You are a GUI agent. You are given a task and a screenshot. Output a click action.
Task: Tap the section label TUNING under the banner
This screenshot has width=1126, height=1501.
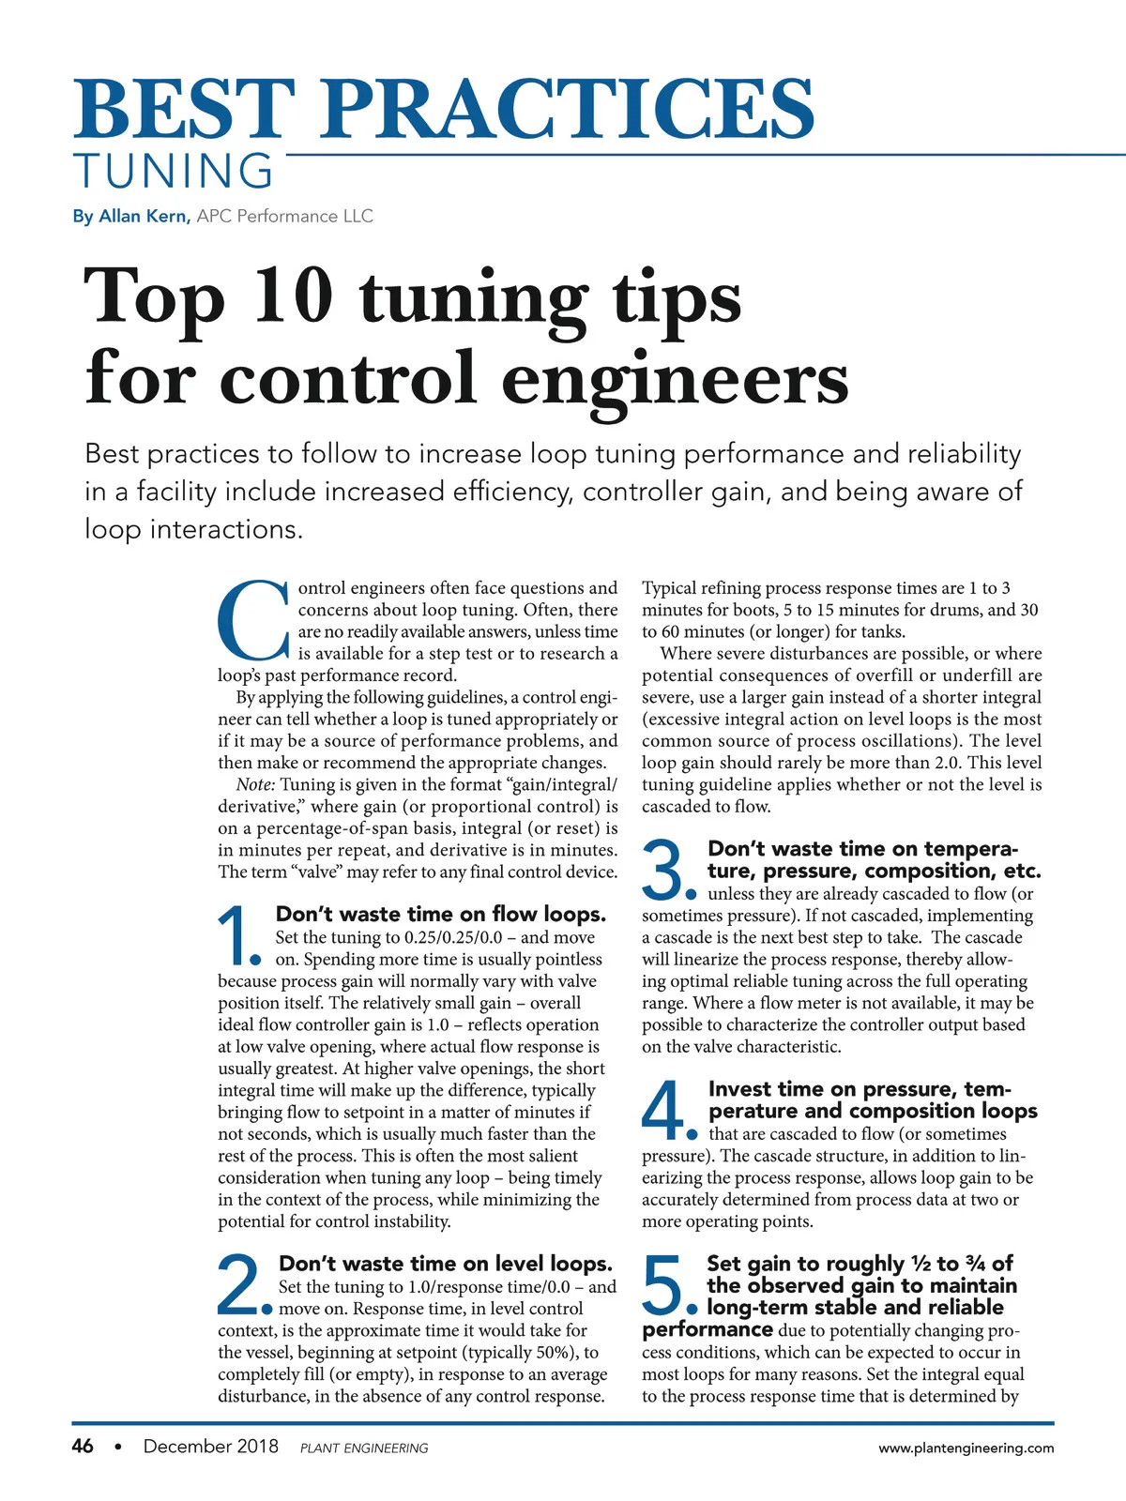174,172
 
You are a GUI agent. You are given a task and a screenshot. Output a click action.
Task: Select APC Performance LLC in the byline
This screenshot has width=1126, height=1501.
285,217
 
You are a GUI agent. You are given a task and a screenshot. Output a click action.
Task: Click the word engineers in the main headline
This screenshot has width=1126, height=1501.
675,378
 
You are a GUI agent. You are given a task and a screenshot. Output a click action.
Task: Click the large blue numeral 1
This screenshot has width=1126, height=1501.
236,936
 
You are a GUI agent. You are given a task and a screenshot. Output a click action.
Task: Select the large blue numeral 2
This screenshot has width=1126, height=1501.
240,1285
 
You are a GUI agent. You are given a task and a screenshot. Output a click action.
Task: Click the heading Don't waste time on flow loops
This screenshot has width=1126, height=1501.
441,915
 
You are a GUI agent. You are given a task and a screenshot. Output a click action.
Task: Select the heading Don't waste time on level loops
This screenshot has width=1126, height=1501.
446,1264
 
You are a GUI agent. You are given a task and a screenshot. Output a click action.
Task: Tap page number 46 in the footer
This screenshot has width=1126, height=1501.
83,1447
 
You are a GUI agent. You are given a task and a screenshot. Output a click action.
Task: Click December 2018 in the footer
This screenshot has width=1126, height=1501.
210,1447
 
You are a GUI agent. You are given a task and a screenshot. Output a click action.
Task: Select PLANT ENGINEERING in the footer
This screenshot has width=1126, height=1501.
364,1448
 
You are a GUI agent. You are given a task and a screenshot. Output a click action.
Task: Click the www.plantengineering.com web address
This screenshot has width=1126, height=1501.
966,1448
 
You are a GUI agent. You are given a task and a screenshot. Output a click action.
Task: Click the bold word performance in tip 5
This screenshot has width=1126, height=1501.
708,1330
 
